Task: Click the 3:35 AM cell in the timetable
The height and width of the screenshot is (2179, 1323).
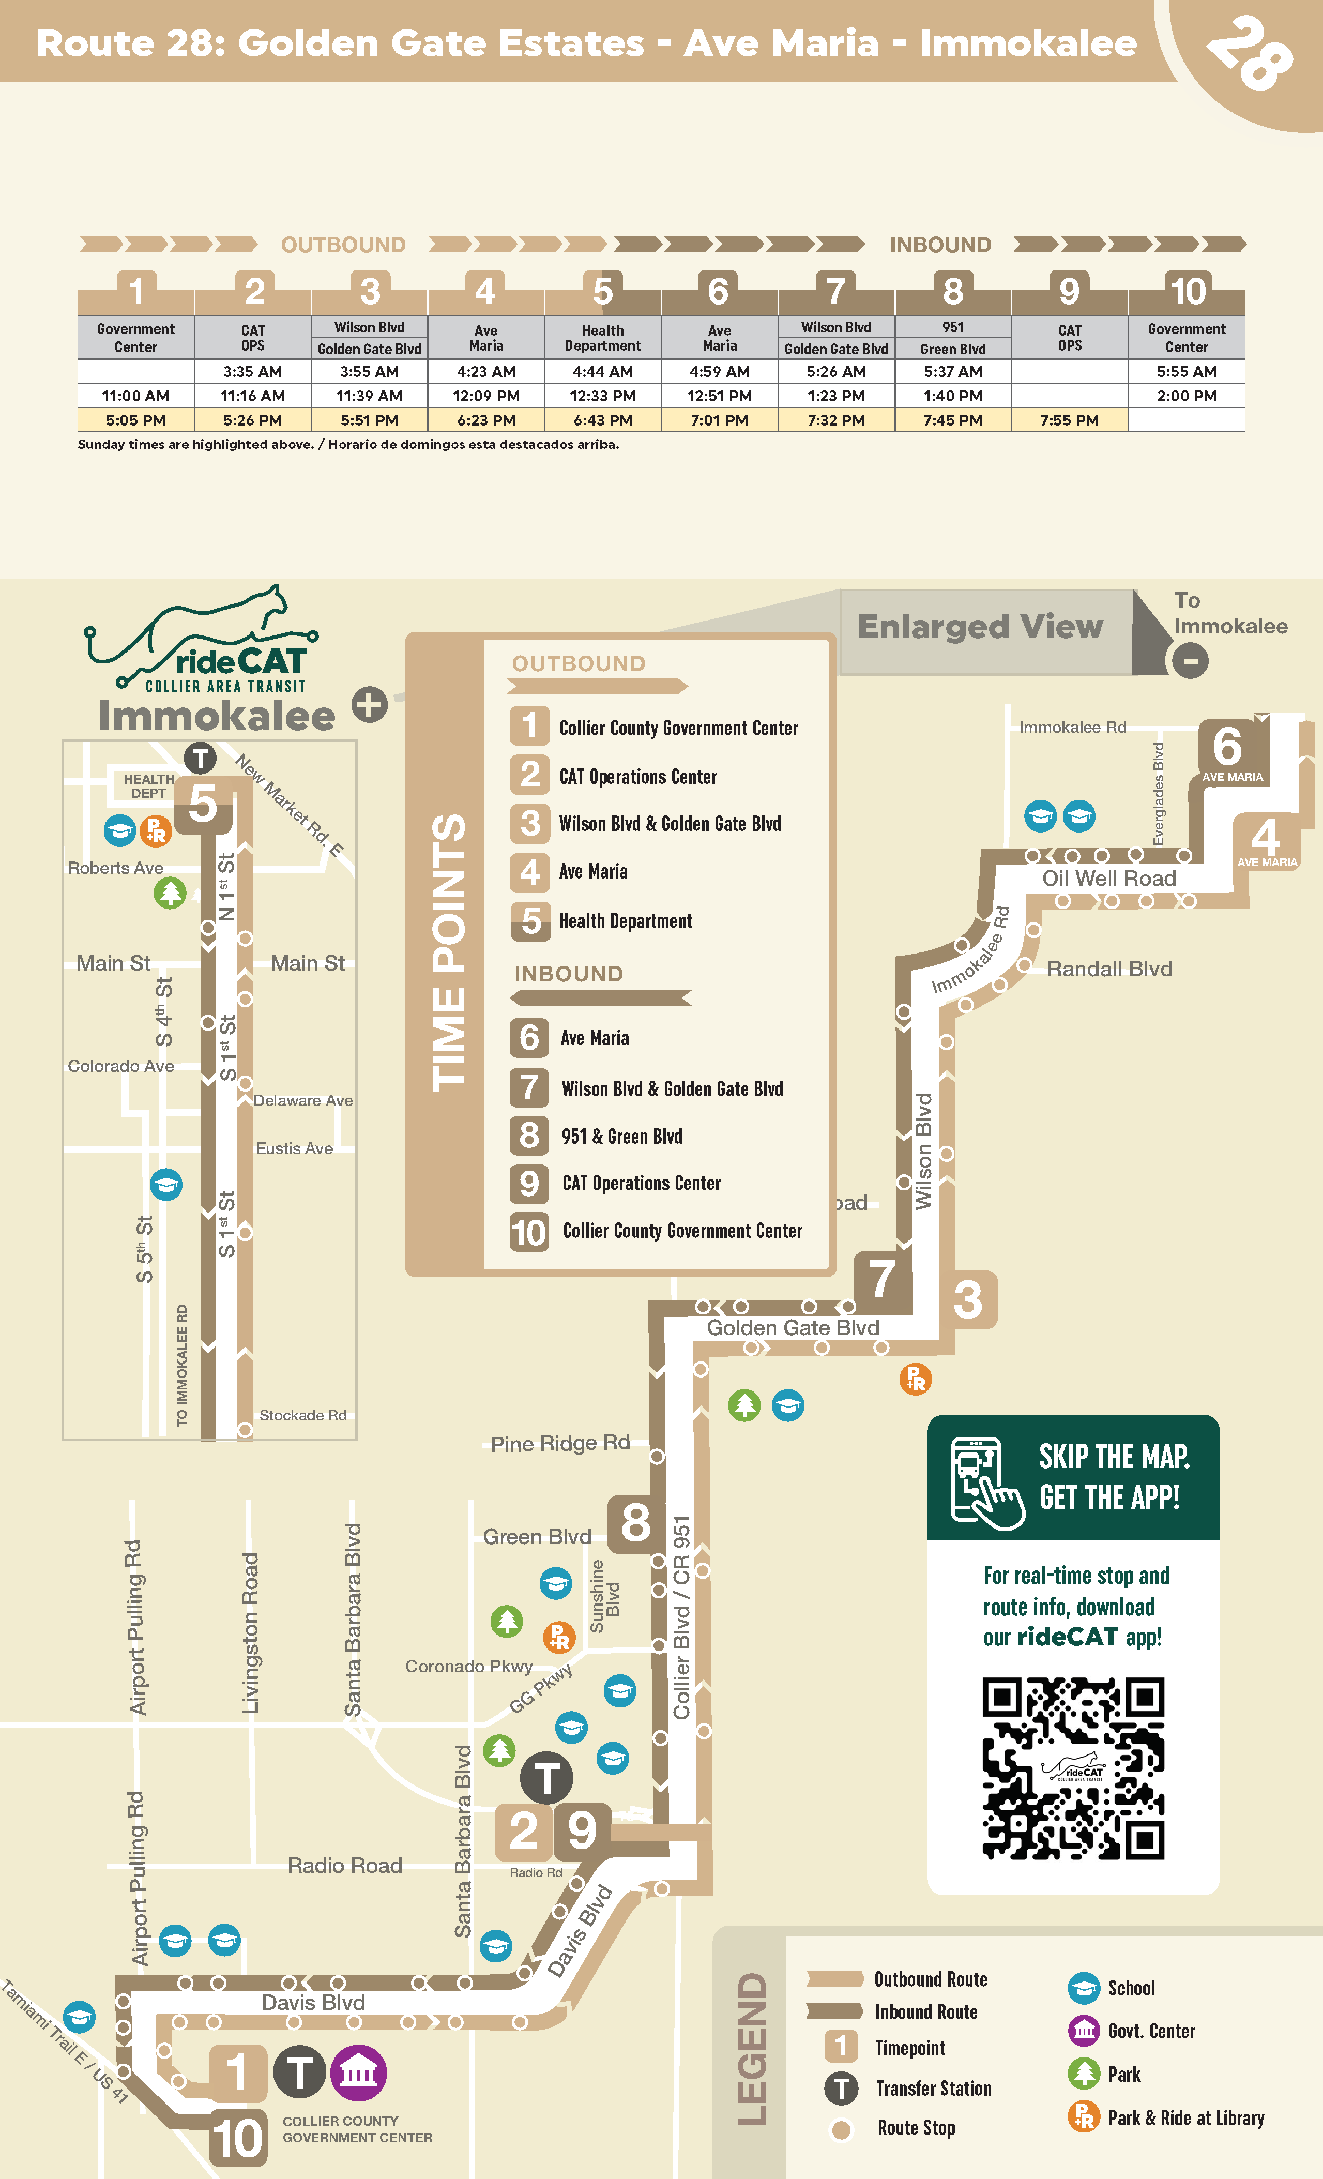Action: click(253, 371)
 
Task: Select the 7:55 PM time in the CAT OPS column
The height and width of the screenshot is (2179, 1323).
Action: click(1069, 420)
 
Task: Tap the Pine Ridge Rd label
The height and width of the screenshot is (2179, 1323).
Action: click(560, 1443)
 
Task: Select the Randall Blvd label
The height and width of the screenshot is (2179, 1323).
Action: click(1109, 969)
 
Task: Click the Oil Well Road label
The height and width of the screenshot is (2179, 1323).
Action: click(1109, 878)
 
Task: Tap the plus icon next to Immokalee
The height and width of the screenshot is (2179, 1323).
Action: click(370, 705)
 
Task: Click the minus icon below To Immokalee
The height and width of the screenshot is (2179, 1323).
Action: click(1190, 661)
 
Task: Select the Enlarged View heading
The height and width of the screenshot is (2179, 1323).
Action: click(980, 627)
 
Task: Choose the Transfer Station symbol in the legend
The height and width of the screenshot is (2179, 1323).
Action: click(841, 2088)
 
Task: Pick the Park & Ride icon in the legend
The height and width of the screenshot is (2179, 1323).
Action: click(1083, 2117)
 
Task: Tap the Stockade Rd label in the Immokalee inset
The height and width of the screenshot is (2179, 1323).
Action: click(302, 1415)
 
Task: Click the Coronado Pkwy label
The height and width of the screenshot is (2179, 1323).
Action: click(469, 1666)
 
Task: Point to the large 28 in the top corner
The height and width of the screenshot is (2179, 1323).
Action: click(1251, 53)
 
